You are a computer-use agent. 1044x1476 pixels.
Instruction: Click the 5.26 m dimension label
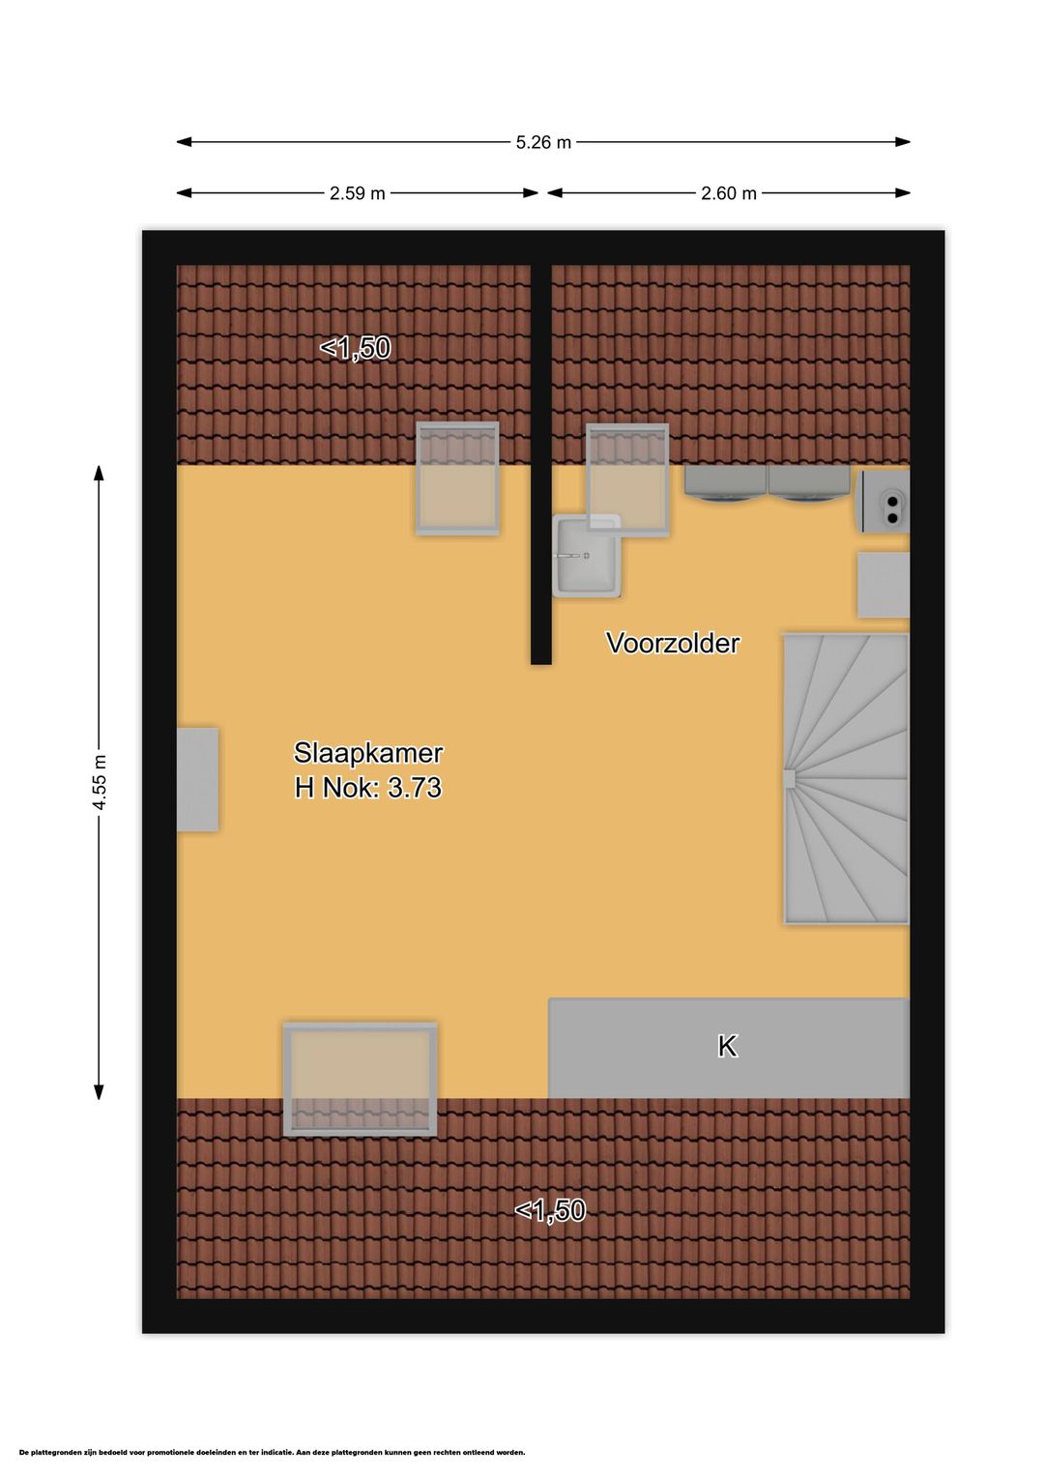click(x=543, y=142)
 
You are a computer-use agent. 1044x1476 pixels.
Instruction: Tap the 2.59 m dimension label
click(x=358, y=193)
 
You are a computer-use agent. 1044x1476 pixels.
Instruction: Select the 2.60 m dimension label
click(x=728, y=193)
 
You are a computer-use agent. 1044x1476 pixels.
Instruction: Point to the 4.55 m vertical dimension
click(x=100, y=782)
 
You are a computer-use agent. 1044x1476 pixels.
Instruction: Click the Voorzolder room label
click(x=673, y=643)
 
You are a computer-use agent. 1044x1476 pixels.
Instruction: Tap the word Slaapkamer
click(x=367, y=753)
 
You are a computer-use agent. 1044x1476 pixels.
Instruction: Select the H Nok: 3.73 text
click(x=367, y=788)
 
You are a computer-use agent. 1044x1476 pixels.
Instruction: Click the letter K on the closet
click(x=727, y=1046)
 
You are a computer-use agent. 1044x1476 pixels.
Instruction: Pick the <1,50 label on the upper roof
click(x=356, y=348)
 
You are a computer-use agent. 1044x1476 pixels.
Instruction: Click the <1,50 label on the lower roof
click(x=550, y=1210)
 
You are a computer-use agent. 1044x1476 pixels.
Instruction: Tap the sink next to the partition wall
click(x=586, y=557)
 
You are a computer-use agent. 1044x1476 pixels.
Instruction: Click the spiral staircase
click(x=846, y=778)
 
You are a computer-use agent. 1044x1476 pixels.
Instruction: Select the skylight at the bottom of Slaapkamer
click(x=360, y=1080)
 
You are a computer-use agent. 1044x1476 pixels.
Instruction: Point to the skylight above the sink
click(x=627, y=479)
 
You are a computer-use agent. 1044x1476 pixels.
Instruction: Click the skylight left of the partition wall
click(x=456, y=478)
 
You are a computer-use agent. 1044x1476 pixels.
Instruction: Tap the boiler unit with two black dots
click(x=884, y=501)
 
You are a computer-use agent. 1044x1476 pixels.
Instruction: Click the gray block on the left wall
click(x=197, y=779)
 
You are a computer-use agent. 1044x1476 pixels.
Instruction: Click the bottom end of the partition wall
click(x=541, y=663)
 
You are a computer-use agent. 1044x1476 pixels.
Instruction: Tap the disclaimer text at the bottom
click(x=273, y=1452)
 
